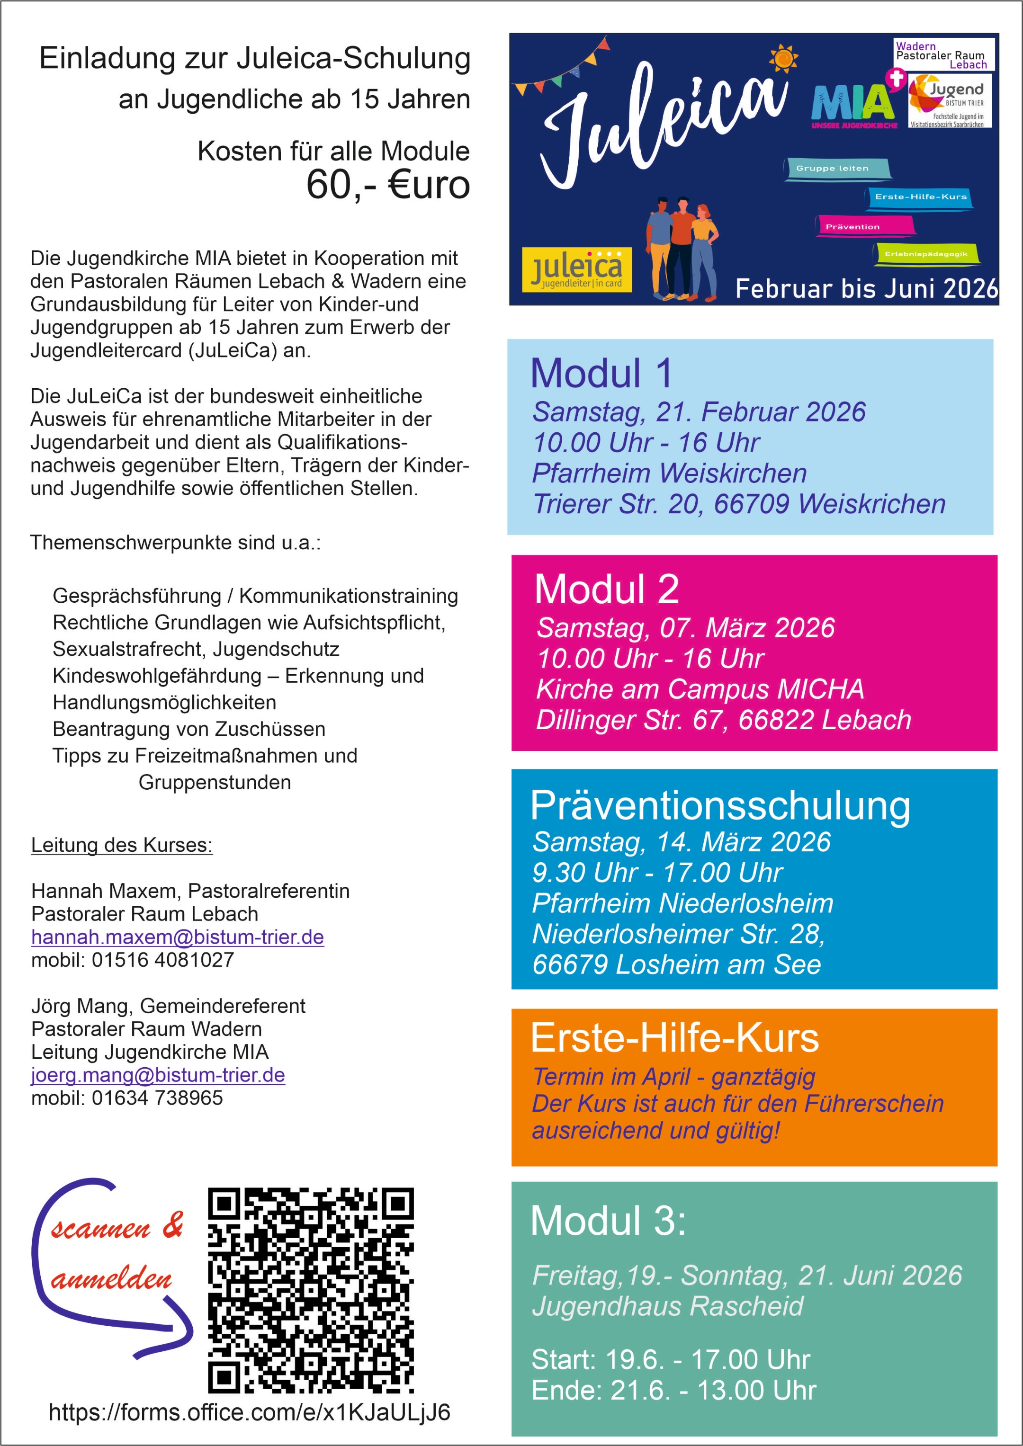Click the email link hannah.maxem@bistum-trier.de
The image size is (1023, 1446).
pos(178,937)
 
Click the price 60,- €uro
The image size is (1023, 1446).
pos(387,185)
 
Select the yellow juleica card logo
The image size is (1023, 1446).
pos(576,269)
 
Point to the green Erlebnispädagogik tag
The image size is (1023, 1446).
pos(925,254)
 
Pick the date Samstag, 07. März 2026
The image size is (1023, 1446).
pos(685,628)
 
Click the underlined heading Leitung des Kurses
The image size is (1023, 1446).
pos(122,845)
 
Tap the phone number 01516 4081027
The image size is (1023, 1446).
pos(162,960)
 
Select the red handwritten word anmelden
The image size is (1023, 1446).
pos(111,1279)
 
